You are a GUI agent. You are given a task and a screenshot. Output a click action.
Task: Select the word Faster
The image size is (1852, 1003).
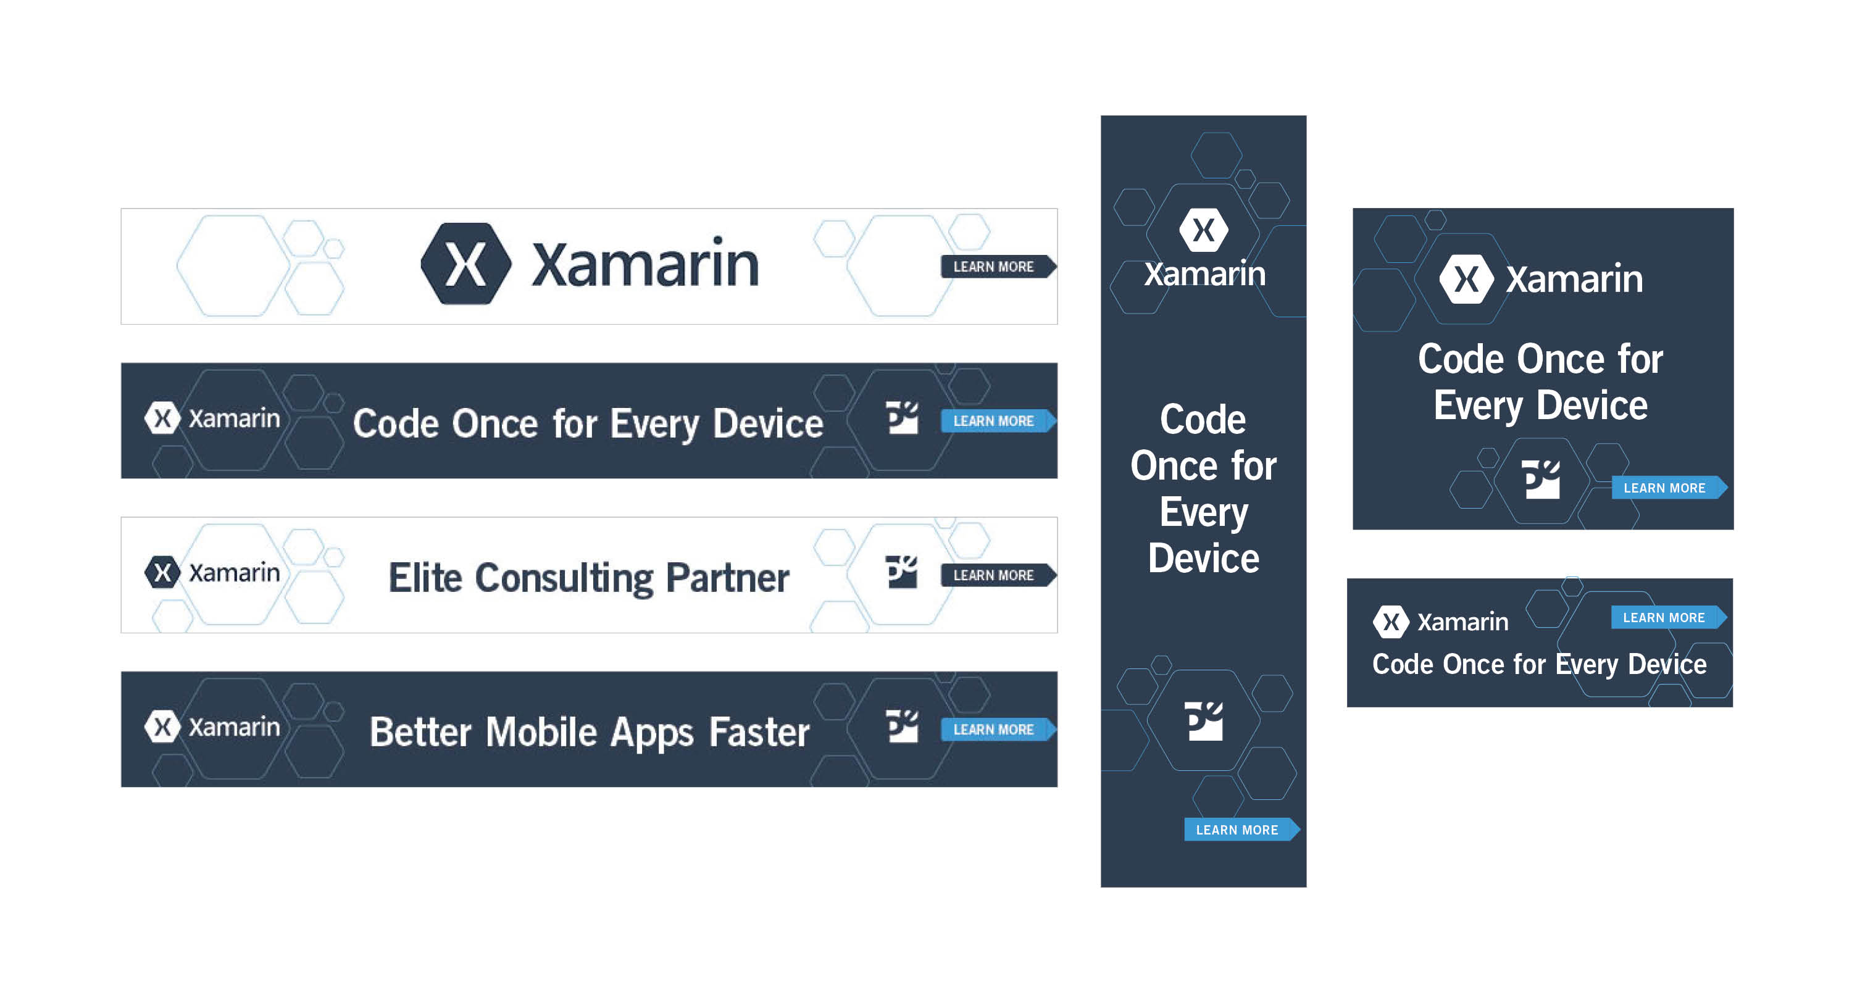759,733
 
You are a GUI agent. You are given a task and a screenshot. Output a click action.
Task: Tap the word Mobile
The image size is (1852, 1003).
541,733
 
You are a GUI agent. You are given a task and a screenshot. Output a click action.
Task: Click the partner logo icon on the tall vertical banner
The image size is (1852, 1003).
1204,720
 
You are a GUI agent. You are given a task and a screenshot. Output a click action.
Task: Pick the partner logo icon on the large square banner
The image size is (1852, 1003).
1541,479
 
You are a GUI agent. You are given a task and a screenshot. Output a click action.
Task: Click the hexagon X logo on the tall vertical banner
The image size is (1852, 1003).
1204,230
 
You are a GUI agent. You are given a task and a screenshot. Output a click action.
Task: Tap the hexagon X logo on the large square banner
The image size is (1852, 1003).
1467,279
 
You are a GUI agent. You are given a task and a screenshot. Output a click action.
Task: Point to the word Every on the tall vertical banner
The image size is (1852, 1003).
1204,514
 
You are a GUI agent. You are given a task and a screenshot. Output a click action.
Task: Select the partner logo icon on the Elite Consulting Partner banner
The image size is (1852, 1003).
901,572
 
